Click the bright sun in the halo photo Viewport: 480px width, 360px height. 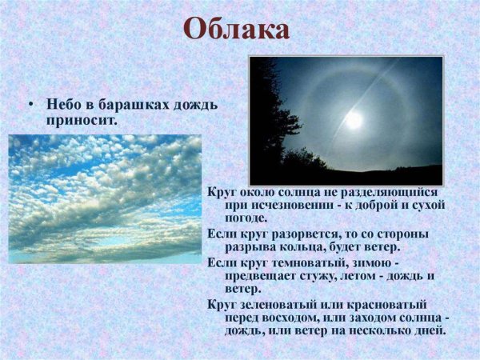[353, 119]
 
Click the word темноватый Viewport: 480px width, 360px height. [311, 262]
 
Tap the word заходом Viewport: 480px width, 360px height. [376, 318]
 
